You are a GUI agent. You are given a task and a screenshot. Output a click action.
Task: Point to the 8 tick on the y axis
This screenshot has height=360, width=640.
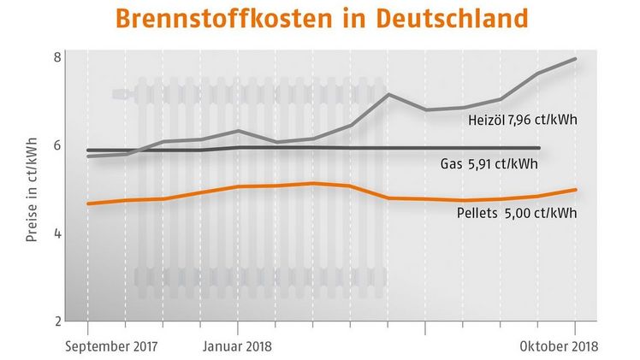tap(56, 57)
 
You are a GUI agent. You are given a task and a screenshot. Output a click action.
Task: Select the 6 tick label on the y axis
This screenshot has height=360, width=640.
tap(56, 145)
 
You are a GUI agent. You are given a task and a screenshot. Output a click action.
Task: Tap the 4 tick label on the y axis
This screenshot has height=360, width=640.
tap(56, 233)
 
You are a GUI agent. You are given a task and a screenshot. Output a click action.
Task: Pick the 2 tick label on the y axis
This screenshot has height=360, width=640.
tap(56, 322)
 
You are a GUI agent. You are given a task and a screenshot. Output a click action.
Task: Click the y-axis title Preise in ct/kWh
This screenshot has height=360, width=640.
tap(32, 189)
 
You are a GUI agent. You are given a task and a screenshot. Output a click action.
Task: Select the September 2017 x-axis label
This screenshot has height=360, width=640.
tap(116, 346)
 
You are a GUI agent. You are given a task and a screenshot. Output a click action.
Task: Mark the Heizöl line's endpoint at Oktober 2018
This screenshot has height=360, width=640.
tap(575, 59)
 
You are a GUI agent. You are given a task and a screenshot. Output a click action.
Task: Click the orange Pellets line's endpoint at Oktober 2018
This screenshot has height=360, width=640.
tap(575, 190)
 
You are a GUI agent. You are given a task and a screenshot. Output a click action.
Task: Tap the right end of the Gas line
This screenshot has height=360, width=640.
tap(538, 148)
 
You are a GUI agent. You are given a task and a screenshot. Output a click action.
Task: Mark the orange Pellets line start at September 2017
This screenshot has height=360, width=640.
tap(88, 204)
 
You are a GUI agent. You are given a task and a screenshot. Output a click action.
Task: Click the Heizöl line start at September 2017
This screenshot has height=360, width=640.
tap(88, 156)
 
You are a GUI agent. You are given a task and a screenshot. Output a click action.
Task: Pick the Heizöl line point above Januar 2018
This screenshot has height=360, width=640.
tap(238, 131)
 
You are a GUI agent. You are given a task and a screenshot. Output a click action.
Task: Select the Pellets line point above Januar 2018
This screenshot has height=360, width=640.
tap(238, 186)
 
